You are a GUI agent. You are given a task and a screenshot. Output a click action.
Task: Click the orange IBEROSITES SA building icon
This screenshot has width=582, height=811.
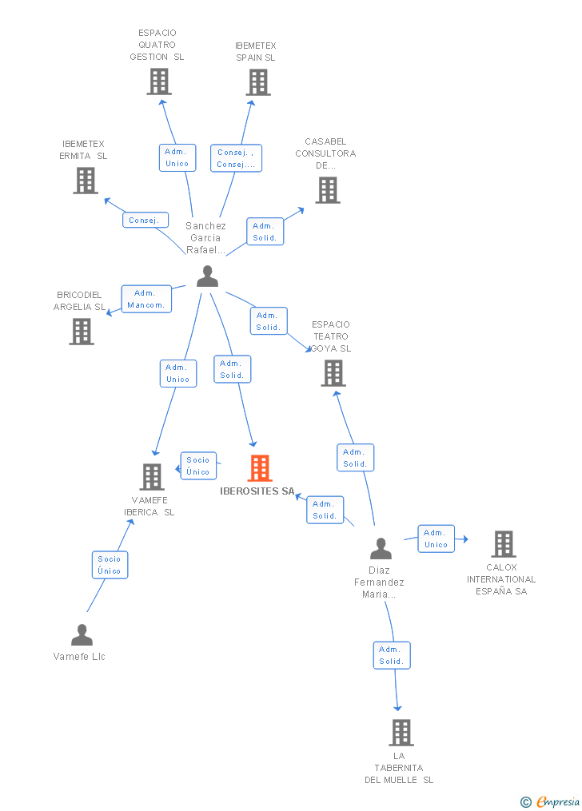(260, 468)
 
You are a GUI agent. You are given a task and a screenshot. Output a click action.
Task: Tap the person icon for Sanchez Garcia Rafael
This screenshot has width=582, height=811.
(207, 276)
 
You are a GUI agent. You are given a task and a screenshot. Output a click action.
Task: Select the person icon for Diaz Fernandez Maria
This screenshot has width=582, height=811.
(381, 549)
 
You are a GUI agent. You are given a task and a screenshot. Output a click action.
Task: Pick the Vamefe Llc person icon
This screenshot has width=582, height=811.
(82, 635)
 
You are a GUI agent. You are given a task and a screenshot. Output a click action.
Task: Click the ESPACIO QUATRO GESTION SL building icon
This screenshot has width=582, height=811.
(159, 81)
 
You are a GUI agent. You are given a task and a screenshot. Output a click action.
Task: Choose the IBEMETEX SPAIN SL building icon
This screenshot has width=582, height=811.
(258, 82)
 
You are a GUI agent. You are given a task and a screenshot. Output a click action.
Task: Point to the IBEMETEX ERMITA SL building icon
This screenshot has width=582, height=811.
(86, 181)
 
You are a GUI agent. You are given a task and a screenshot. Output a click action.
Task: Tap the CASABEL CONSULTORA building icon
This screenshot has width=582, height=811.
(327, 190)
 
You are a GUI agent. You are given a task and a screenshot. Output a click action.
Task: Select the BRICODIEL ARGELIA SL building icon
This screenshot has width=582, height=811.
(82, 331)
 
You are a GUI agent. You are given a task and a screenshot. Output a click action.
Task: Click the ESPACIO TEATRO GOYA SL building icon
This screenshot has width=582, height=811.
(333, 373)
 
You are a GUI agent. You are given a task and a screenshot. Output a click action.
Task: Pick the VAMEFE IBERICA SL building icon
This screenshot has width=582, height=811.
(151, 477)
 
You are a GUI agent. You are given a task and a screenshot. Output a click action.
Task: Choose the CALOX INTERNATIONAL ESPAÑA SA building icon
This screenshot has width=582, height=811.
(503, 544)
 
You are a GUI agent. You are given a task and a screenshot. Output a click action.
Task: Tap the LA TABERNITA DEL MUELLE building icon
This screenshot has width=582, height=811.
(401, 732)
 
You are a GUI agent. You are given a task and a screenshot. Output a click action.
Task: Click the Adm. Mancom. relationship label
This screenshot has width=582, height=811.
(146, 299)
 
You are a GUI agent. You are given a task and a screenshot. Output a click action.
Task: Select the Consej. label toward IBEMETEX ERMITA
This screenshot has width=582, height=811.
(145, 220)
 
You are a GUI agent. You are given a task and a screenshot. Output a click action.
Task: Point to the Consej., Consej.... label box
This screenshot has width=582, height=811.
(236, 158)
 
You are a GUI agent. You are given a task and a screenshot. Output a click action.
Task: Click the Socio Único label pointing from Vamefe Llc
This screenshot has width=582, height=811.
(110, 565)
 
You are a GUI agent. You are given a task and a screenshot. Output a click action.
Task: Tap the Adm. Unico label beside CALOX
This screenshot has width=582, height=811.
(436, 539)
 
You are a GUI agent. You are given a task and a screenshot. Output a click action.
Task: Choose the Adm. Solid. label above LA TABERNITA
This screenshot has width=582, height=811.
(392, 655)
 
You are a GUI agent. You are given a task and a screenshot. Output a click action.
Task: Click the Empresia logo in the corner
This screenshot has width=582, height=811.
(550, 801)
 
